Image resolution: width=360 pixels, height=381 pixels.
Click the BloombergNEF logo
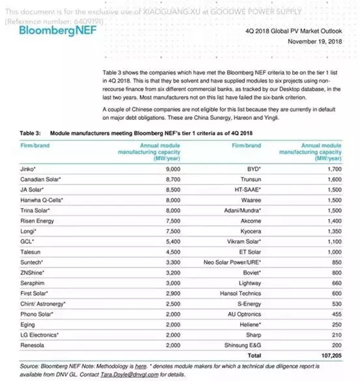pyautogui.click(x=49, y=29)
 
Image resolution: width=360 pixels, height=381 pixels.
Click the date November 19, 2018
pyautogui.click(x=315, y=42)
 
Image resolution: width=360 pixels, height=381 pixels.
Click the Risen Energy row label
pyautogui.click(x=37, y=221)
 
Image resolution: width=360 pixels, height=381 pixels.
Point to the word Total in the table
pyautogui.click(x=254, y=355)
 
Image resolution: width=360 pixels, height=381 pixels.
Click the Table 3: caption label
pyautogui.click(x=31, y=133)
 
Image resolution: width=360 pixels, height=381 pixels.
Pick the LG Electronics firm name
pyautogui.click(x=39, y=335)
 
